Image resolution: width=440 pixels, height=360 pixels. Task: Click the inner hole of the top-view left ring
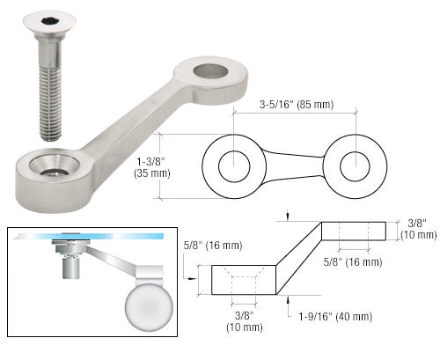[x=233, y=165]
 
